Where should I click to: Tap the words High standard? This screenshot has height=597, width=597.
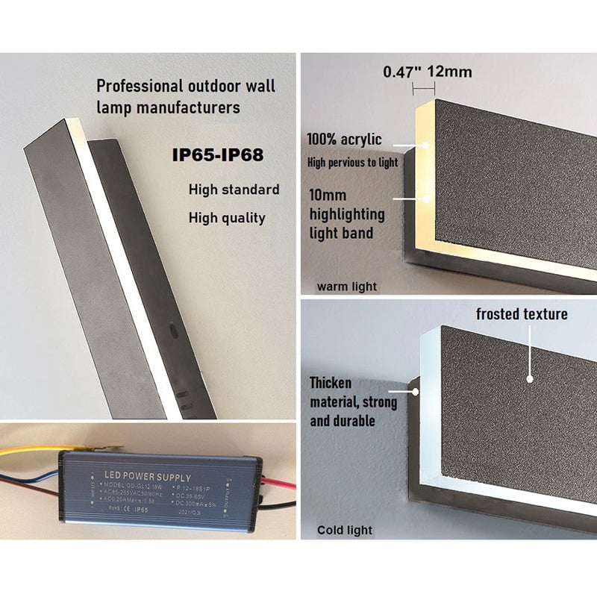[234, 190]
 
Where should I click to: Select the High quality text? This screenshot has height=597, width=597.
[226, 218]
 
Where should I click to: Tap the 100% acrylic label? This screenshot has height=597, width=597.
[344, 139]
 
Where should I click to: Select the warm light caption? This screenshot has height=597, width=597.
[347, 287]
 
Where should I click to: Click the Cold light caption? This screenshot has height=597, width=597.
[345, 531]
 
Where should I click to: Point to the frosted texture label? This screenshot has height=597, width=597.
[522, 314]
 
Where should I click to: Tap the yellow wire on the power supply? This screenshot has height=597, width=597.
[30, 451]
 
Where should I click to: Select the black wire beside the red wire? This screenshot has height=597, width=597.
[280, 504]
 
